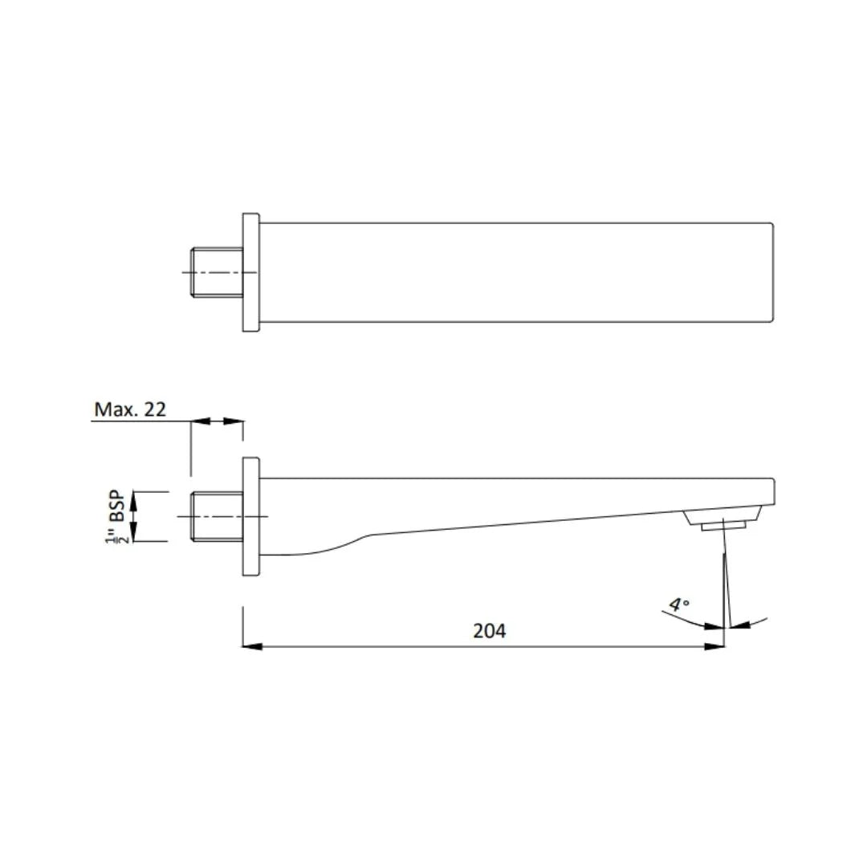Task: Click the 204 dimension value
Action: click(x=489, y=631)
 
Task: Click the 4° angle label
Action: click(x=680, y=604)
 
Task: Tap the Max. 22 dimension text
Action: click(x=130, y=409)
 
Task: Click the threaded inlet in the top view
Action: click(x=217, y=272)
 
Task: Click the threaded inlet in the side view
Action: click(x=217, y=516)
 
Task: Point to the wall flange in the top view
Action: click(x=250, y=272)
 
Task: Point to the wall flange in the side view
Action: click(x=250, y=516)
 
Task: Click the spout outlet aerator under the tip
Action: click(x=722, y=523)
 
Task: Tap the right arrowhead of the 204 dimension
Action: click(x=714, y=646)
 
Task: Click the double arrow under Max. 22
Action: click(x=217, y=421)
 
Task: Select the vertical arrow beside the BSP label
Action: click(x=135, y=516)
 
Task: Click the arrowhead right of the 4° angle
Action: click(x=739, y=625)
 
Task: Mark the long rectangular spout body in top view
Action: click(x=514, y=272)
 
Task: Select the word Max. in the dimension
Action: click(x=112, y=409)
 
